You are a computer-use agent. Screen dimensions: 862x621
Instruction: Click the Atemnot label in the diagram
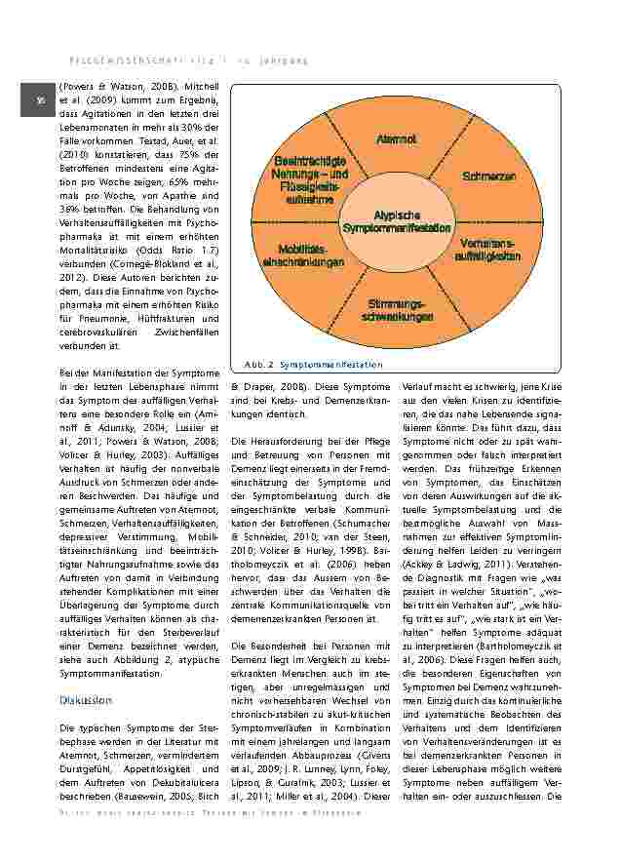click(397, 139)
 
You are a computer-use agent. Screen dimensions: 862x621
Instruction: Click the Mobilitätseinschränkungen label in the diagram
click(302, 256)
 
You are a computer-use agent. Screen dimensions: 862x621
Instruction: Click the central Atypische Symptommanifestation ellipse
click(397, 220)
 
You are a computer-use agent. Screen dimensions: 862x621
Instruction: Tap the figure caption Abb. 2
click(254, 365)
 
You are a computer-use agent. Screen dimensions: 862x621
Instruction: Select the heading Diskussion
click(86, 700)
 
